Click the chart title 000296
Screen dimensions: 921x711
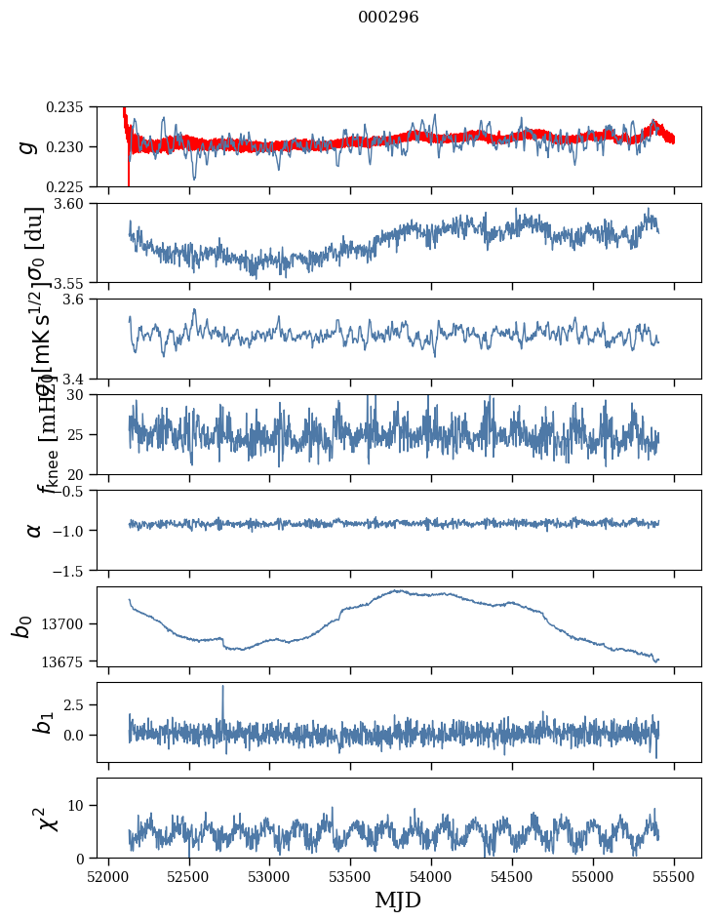click(x=388, y=18)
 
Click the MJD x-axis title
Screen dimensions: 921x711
click(x=398, y=901)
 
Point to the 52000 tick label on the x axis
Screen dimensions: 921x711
click(x=108, y=875)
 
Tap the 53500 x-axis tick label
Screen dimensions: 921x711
click(x=351, y=875)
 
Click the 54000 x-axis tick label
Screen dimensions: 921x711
click(x=432, y=875)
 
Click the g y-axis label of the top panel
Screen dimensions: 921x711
click(x=30, y=146)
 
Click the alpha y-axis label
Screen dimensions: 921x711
click(x=34, y=530)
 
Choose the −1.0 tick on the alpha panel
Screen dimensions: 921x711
click(x=74, y=530)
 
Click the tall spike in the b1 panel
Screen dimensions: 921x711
click(x=222, y=687)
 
